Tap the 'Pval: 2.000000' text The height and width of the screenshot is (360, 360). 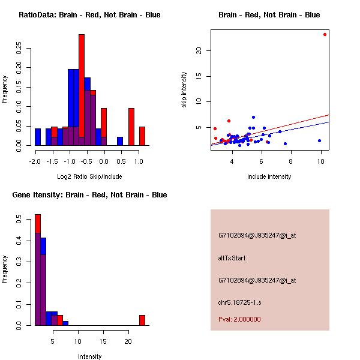point(239,319)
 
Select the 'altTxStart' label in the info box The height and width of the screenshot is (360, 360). point(232,258)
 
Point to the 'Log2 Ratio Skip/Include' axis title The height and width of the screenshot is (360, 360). point(89,176)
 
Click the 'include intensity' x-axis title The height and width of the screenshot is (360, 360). point(269,176)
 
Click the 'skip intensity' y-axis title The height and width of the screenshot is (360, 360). point(185,90)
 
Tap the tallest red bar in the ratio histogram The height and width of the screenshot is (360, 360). point(82,90)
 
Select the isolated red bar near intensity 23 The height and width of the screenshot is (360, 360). point(142,320)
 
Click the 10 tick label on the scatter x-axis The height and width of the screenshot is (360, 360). point(321,161)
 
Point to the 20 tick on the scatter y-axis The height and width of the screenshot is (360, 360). point(199,50)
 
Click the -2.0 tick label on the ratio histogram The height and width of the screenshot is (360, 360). point(35,161)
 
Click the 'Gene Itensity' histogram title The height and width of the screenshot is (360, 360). point(89,195)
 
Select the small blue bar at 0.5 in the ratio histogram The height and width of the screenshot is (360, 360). point(120,141)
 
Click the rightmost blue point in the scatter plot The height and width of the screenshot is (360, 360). point(319,140)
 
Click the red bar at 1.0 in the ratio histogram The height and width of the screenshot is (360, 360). point(142,136)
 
